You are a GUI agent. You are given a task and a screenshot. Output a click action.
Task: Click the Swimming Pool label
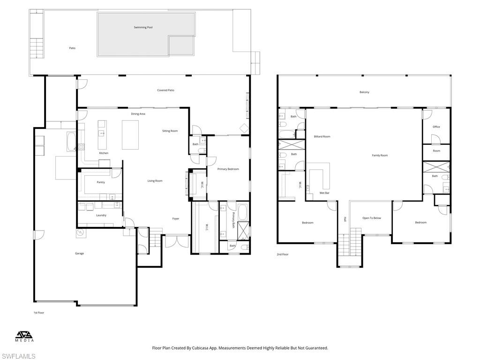tap(143, 28)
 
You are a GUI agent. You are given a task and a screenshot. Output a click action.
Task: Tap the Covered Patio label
tap(165, 90)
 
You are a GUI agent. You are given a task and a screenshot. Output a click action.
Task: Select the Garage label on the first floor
tap(80, 254)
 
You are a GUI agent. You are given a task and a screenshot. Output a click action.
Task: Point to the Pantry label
tap(101, 182)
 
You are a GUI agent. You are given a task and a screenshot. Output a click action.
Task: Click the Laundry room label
tap(101, 215)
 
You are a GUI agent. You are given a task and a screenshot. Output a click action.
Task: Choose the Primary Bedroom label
tap(228, 169)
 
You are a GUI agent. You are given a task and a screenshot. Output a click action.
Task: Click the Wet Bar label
tap(324, 193)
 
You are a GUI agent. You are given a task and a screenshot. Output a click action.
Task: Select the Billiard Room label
tap(322, 136)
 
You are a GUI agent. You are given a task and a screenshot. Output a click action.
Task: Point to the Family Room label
tap(380, 155)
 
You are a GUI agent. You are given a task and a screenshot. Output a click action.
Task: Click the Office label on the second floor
tap(436, 127)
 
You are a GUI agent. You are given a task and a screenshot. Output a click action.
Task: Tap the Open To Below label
tap(372, 218)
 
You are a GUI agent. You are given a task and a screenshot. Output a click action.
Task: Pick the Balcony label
tap(364, 92)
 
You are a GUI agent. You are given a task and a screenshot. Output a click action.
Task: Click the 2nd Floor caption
tap(283, 255)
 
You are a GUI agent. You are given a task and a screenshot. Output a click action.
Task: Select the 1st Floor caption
tap(38, 313)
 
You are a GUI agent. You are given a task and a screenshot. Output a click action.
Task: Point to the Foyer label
tap(176, 218)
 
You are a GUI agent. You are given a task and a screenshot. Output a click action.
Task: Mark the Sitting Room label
tap(170, 131)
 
